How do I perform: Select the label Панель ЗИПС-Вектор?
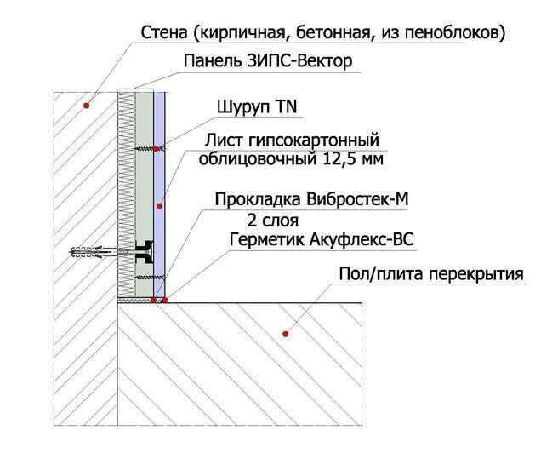267,61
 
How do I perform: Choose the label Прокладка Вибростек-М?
312,200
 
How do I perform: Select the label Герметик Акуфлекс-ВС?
322,240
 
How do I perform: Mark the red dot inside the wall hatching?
86,105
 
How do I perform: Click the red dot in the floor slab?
287,334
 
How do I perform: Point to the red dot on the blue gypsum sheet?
160,206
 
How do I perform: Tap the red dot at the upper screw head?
157,149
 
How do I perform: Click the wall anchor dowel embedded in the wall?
89,252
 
